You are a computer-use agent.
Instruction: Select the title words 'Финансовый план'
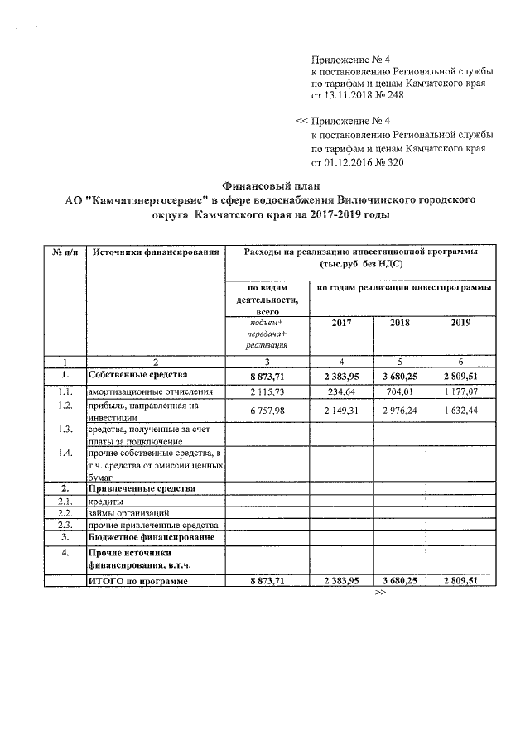265,185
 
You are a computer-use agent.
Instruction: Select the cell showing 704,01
399,391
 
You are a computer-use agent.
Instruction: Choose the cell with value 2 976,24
399,408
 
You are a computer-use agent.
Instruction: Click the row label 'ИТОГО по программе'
137,582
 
